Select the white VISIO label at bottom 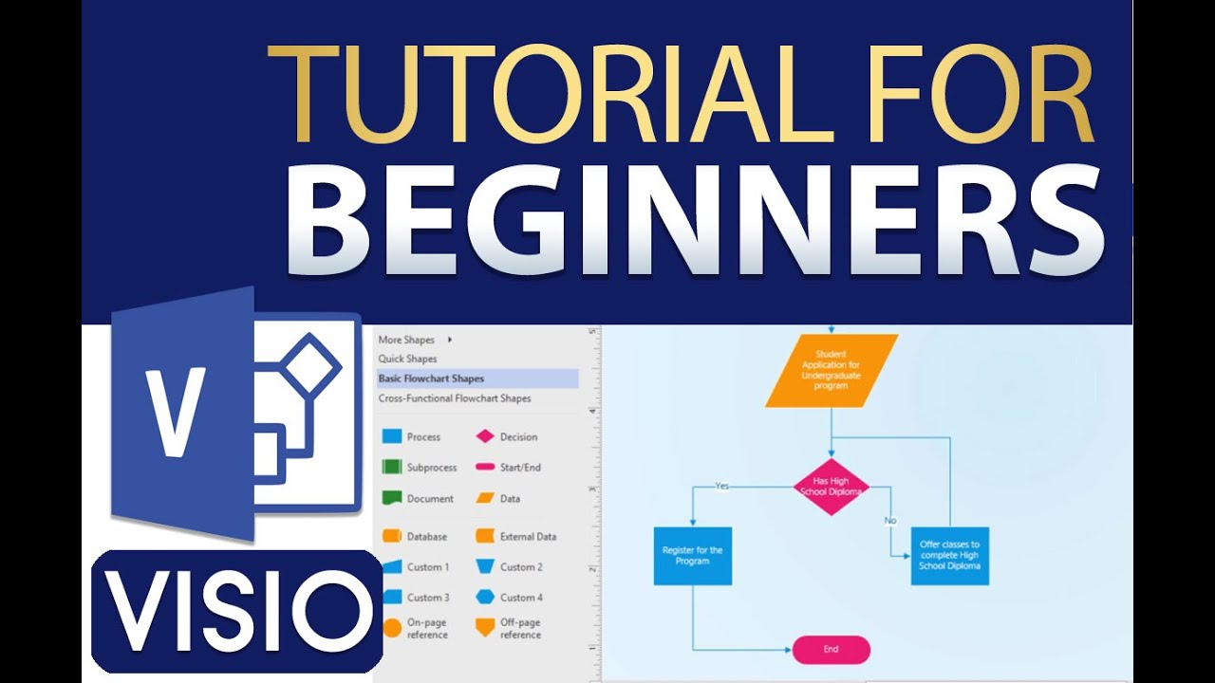tap(238, 613)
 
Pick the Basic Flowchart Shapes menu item tap(431, 378)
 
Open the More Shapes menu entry tap(406, 340)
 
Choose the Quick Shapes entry tap(407, 359)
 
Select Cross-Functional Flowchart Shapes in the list tap(455, 398)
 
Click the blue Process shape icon tap(392, 436)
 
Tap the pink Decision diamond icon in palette tap(485, 436)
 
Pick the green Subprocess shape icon tap(392, 467)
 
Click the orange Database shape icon tap(392, 536)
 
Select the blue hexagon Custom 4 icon tap(485, 597)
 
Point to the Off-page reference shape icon tap(485, 628)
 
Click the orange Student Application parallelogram tap(832, 370)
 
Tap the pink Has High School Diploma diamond tap(831, 487)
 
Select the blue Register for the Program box tap(693, 556)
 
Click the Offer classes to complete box tap(950, 556)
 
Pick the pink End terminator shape tap(831, 650)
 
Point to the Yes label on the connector tap(722, 486)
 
